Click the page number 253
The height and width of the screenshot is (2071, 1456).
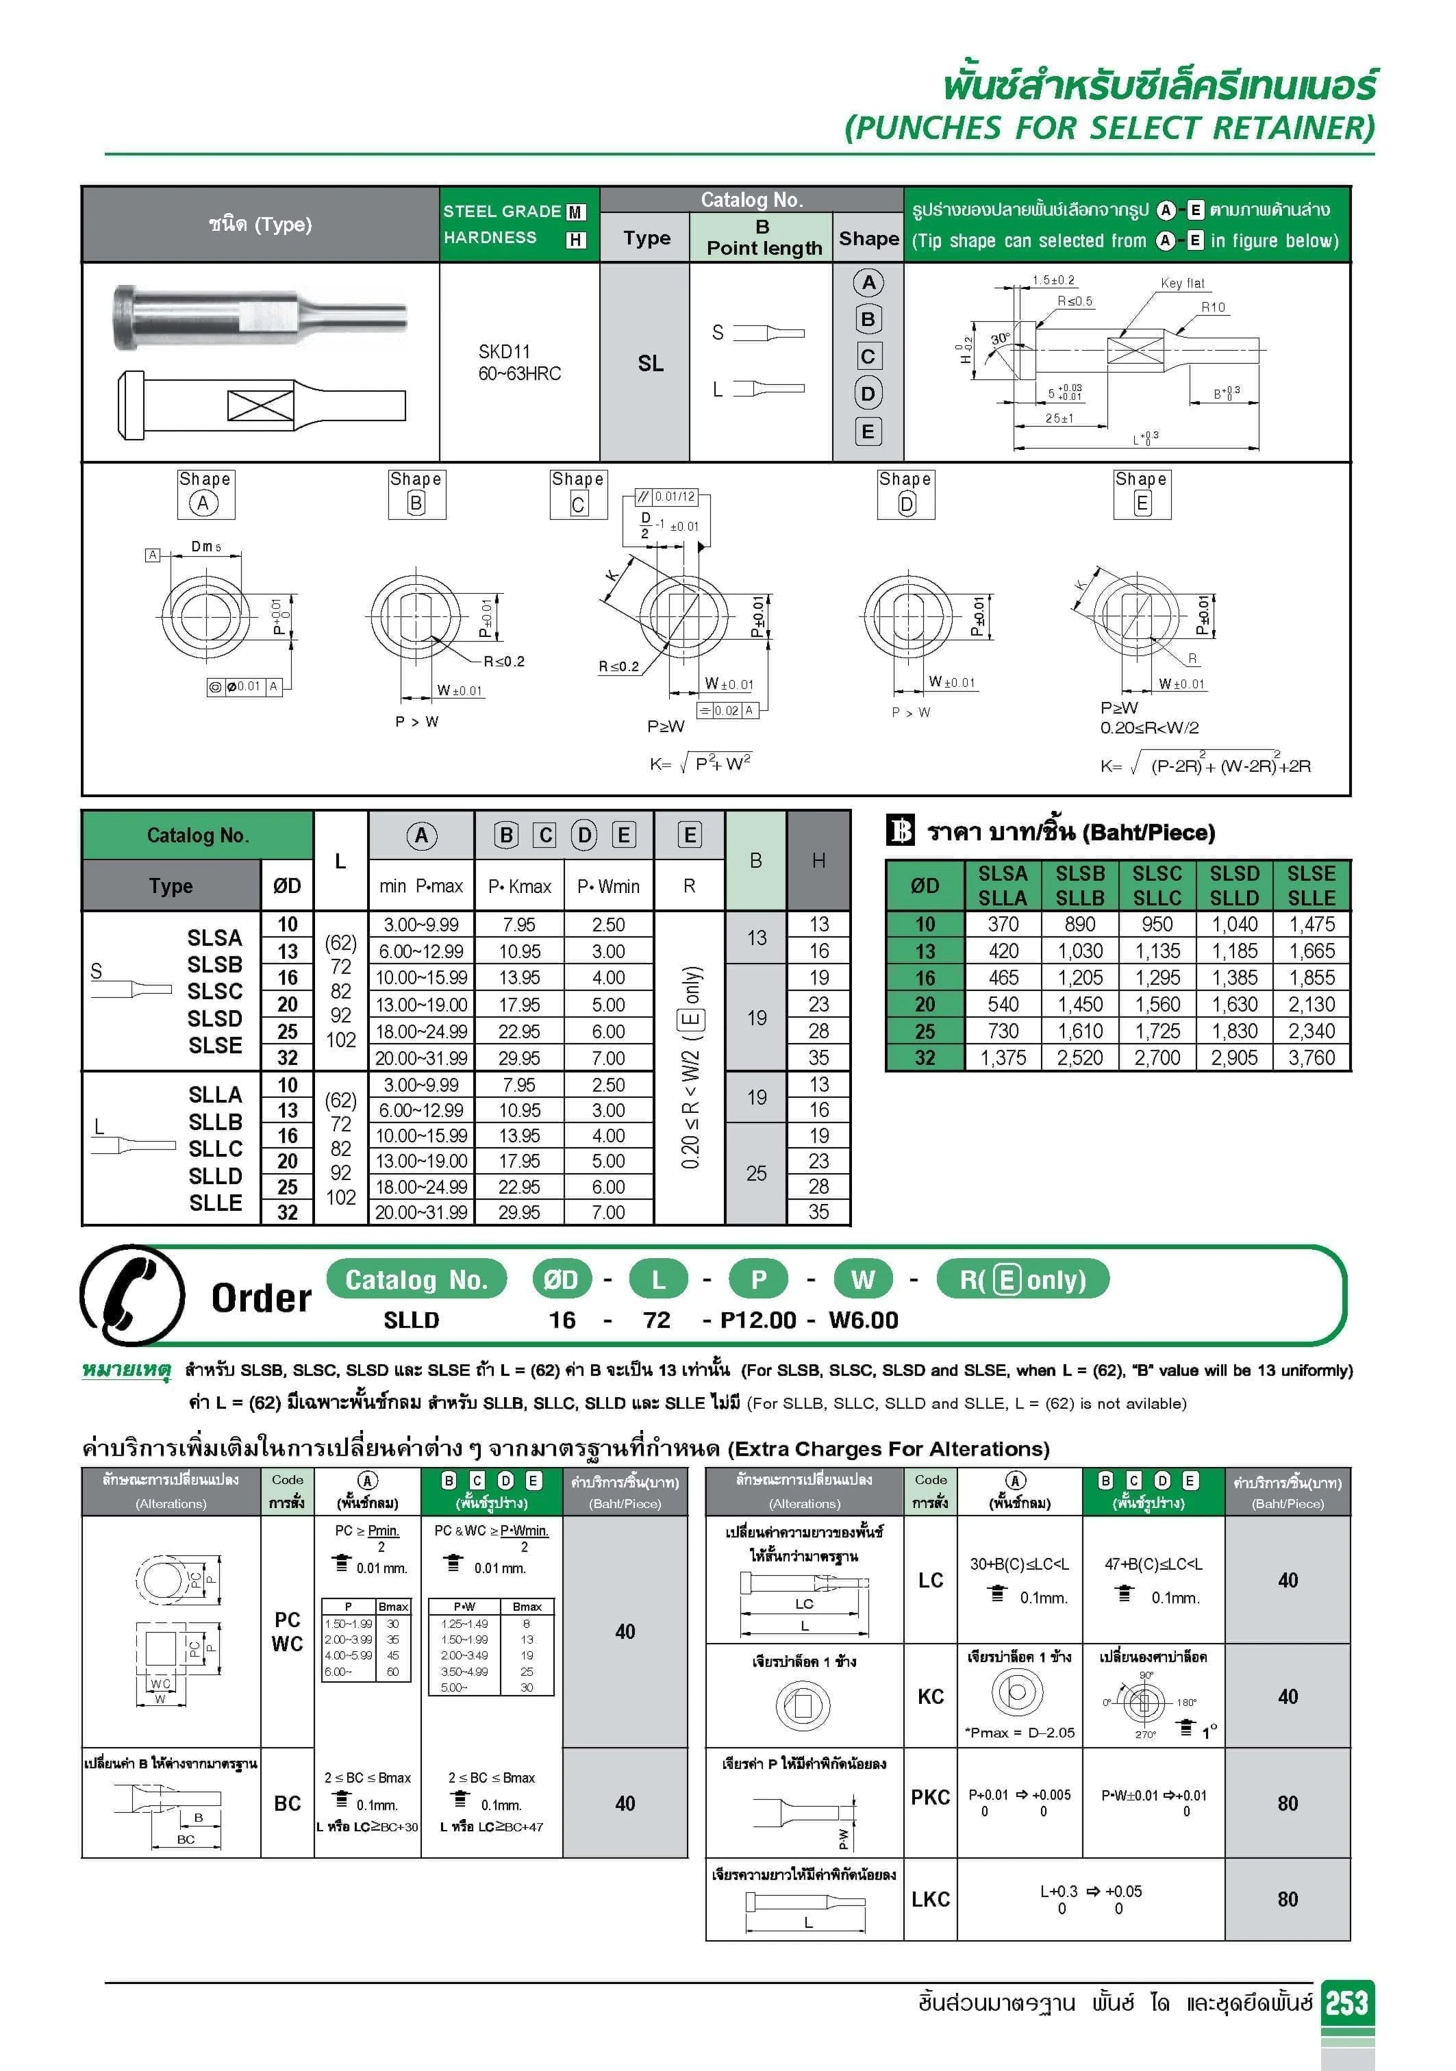1346,2003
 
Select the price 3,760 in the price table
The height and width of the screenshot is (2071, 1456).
1311,1057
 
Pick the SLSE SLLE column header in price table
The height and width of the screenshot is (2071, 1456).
1311,885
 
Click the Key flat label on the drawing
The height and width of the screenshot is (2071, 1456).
1182,284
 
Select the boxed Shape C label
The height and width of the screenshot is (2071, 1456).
577,493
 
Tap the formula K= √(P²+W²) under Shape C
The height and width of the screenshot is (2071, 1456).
699,763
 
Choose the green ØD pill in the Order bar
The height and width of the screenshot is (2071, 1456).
560,1279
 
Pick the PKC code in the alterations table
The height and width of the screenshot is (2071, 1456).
929,1797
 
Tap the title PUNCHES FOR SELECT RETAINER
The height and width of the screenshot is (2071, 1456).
1109,128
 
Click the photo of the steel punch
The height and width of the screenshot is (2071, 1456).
260,318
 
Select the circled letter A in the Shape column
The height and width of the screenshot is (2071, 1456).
868,282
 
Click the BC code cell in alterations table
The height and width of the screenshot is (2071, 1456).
287,1803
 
